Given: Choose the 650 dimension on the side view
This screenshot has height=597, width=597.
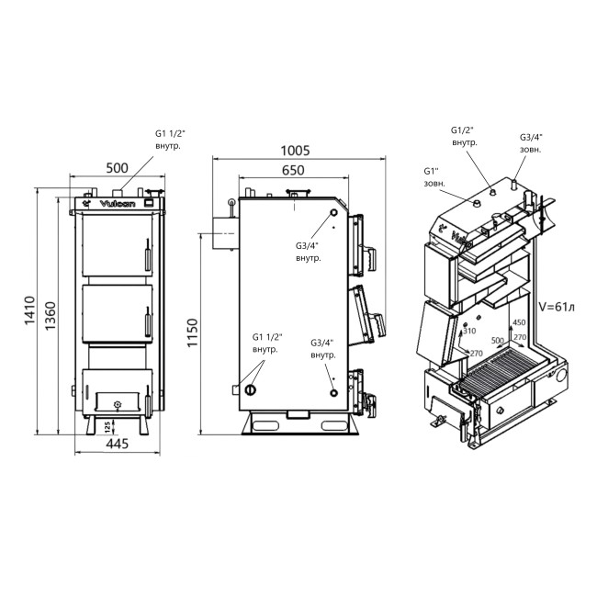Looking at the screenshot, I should click(293, 171).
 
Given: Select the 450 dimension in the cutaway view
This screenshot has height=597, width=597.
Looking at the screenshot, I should click(519, 323).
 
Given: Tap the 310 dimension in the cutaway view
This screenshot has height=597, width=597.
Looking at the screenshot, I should click(471, 331).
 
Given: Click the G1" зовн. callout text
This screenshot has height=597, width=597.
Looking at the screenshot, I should click(435, 177).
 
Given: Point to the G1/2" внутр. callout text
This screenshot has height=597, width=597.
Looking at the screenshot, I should click(465, 137).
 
